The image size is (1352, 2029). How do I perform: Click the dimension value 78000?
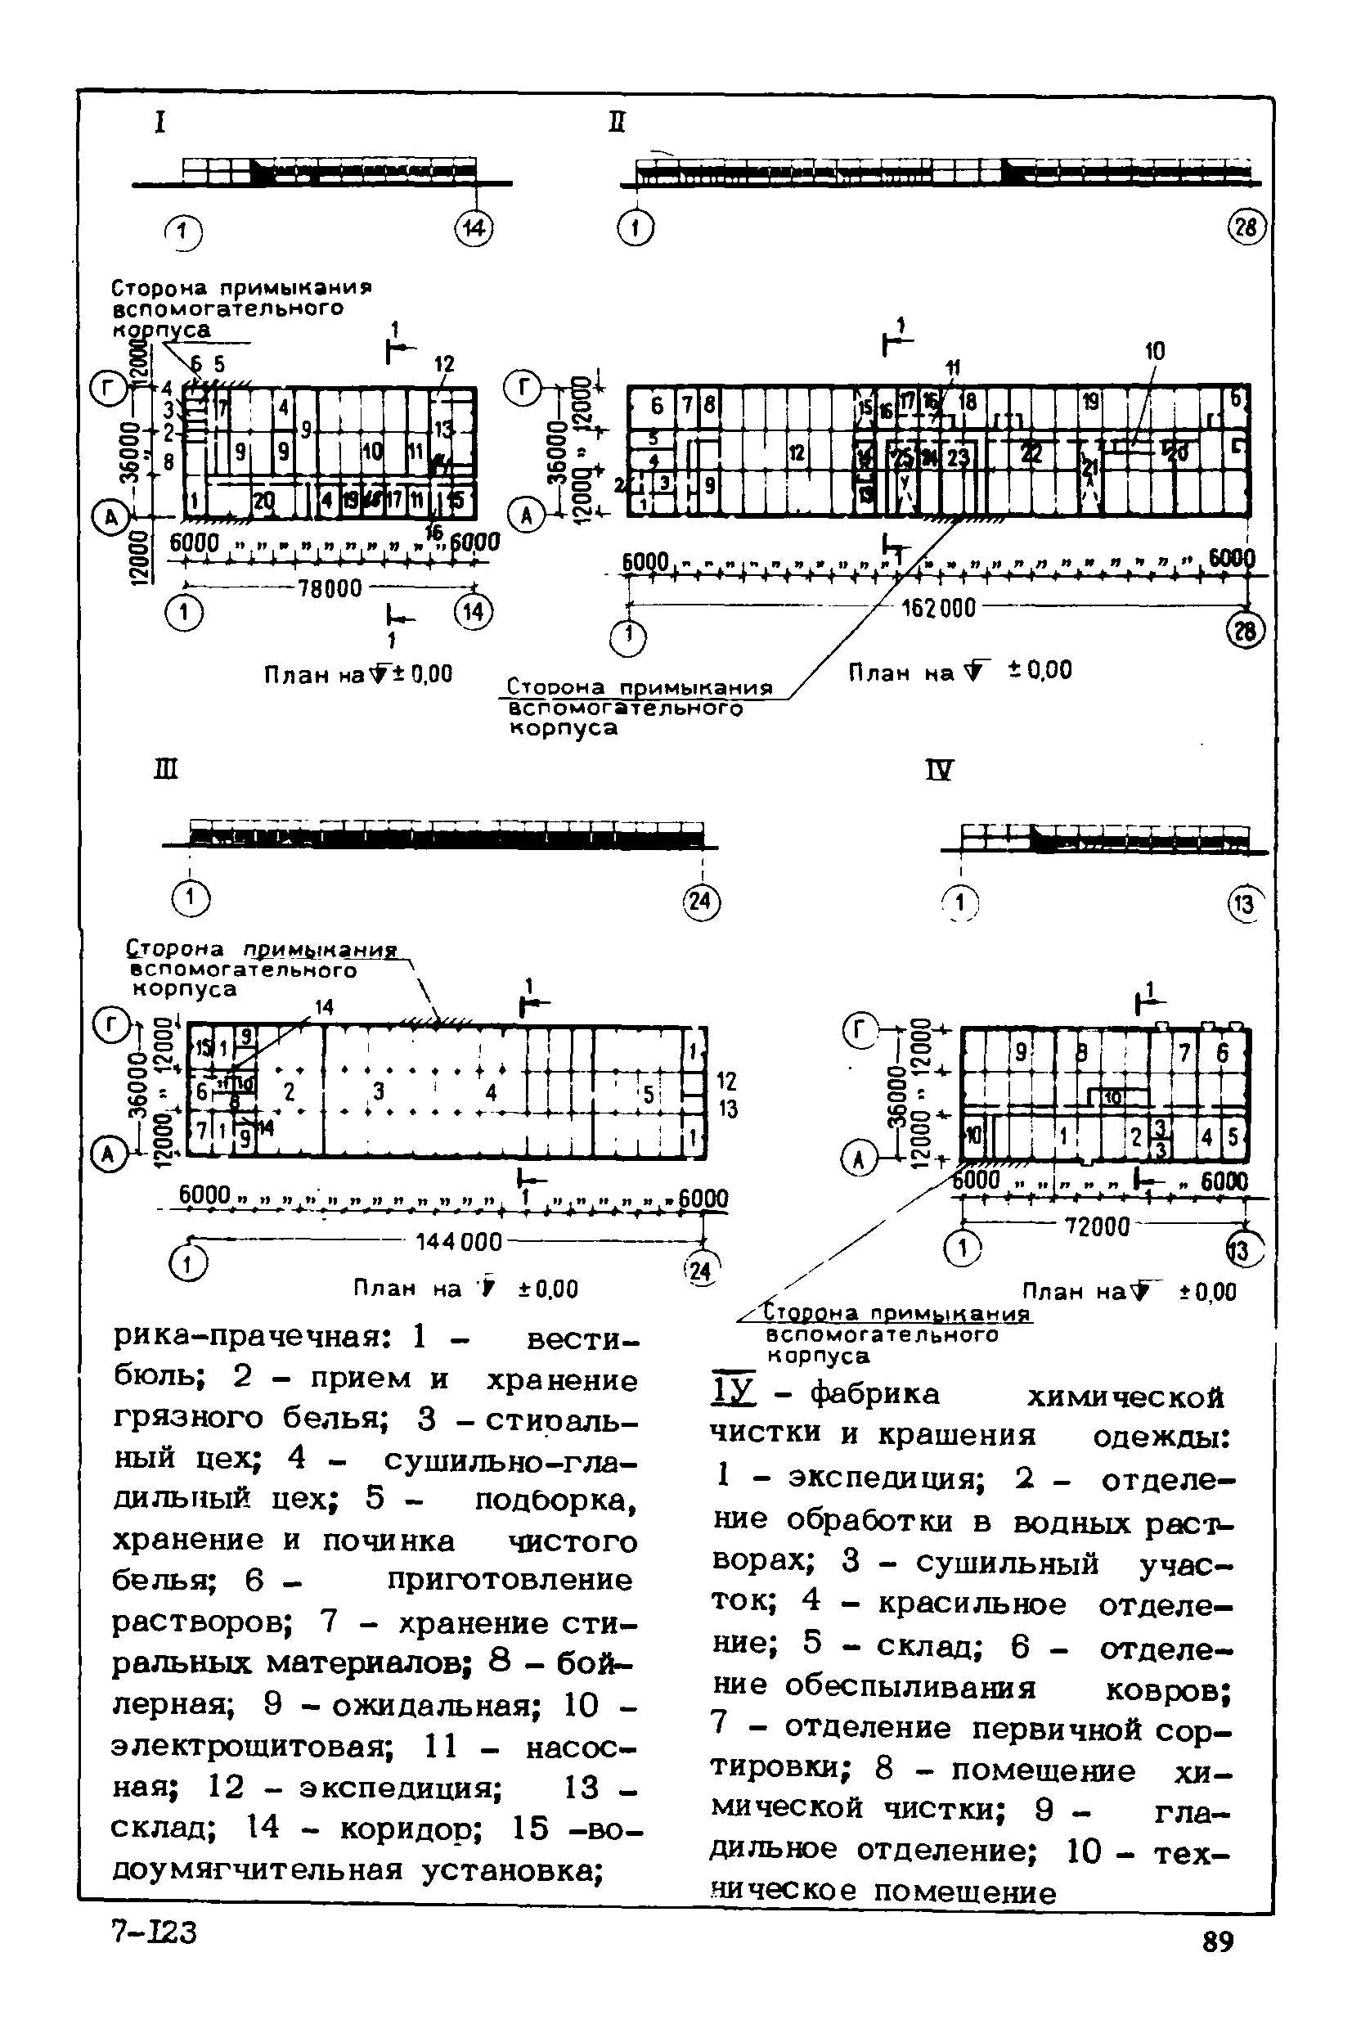point(330,588)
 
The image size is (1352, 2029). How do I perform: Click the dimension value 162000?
point(938,608)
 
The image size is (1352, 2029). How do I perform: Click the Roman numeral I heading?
point(159,123)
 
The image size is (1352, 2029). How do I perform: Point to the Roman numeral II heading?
point(617,123)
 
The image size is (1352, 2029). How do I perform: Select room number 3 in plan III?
point(378,1091)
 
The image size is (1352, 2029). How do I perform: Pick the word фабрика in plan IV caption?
point(875,1394)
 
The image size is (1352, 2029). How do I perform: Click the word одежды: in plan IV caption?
point(1161,1437)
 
